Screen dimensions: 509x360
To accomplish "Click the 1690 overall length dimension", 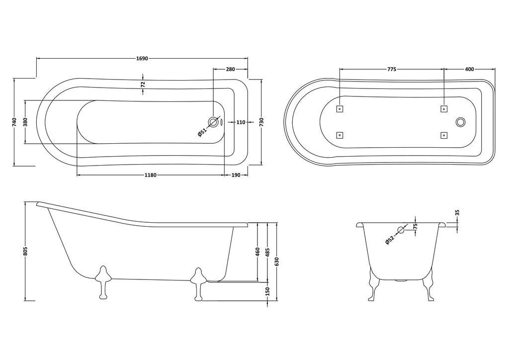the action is point(142,59).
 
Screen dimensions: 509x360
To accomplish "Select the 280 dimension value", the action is point(231,69).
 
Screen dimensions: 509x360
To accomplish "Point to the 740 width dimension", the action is point(14,122).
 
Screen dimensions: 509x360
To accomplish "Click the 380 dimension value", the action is point(26,122).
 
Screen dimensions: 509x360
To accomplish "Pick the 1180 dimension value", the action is point(151,176).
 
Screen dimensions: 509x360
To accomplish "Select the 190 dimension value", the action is point(236,176).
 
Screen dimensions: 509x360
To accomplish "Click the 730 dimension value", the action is point(261,122).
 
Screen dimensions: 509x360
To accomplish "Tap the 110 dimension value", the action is point(241,122).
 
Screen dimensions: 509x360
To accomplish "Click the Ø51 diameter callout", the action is point(202,132).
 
